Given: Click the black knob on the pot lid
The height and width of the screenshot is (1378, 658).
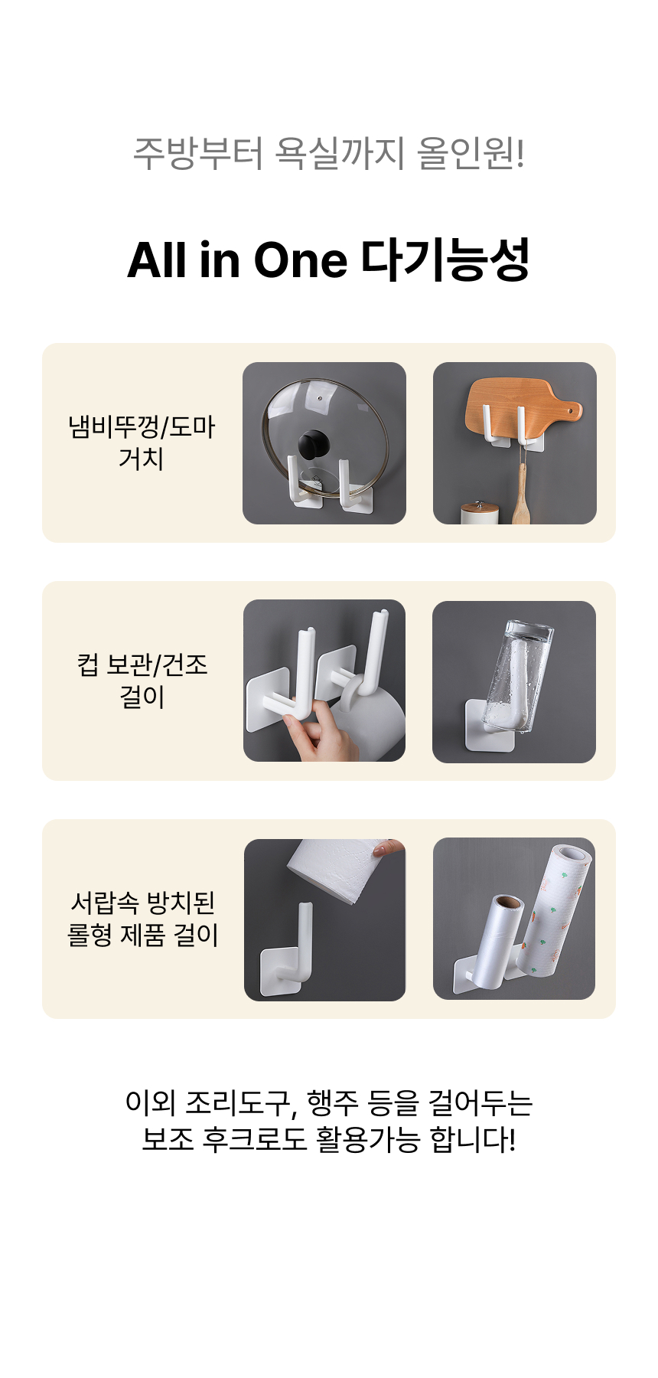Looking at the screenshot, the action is (x=314, y=445).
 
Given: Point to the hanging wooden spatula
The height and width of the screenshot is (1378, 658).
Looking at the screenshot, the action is (x=520, y=490).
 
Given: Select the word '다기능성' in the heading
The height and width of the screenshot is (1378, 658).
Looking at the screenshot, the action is (x=445, y=260).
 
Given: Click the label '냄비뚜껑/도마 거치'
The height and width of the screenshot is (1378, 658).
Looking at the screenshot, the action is (x=142, y=442).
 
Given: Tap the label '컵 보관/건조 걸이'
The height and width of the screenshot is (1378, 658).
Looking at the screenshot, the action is (x=142, y=681).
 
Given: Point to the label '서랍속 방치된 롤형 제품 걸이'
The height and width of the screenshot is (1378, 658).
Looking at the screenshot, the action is (x=143, y=919).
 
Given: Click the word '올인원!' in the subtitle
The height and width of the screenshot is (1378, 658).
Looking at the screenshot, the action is (x=471, y=152).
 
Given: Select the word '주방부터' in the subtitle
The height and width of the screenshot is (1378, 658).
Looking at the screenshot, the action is (x=198, y=152).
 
